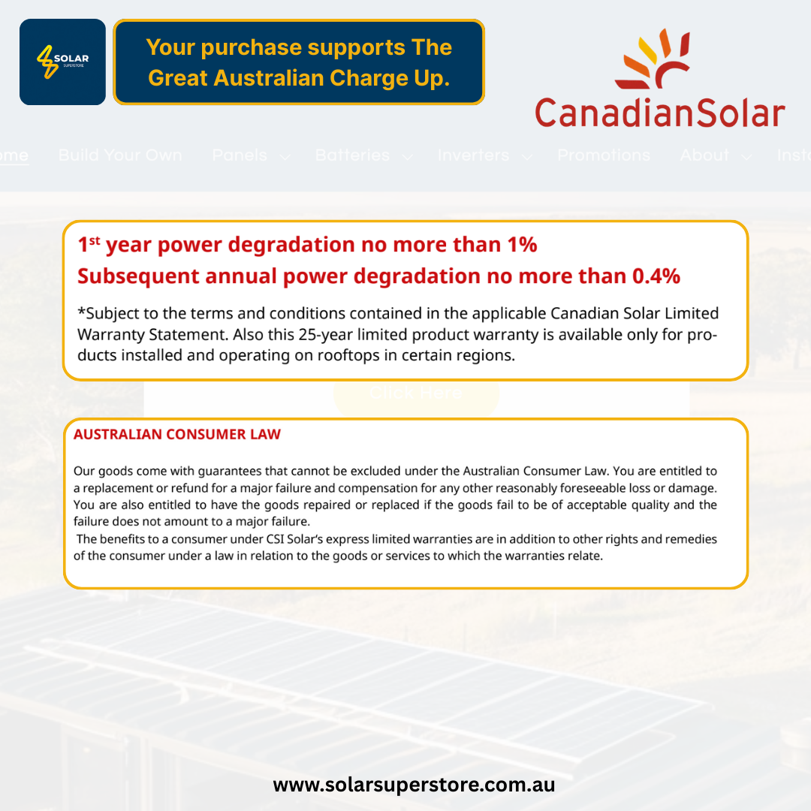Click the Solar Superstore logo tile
click(x=62, y=62)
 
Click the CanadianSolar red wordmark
click(x=659, y=113)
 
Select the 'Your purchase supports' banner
click(x=299, y=62)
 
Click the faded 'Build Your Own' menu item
click(x=120, y=155)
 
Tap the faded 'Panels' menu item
click(x=240, y=155)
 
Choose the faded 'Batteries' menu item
click(x=352, y=155)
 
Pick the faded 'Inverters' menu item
click(x=473, y=155)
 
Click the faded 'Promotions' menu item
click(x=604, y=155)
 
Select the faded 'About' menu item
click(x=704, y=155)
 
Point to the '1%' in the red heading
click(x=519, y=245)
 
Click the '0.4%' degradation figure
click(x=656, y=276)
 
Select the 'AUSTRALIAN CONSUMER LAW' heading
click(x=177, y=434)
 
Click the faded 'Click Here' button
click(x=415, y=393)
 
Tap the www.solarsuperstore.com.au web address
click(x=414, y=785)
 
